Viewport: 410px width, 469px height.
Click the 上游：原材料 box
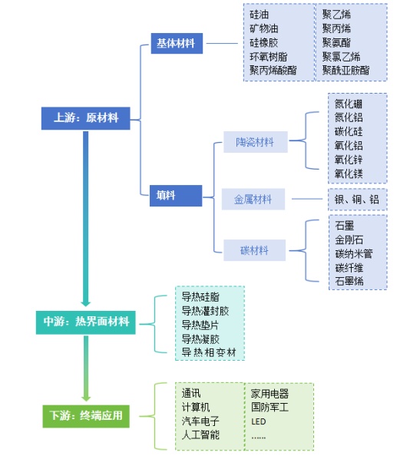pos(85,118)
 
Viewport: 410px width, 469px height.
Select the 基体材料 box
pos(177,44)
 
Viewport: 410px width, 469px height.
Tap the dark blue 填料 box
pos(176,196)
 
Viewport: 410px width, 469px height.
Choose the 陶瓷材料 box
pos(256,142)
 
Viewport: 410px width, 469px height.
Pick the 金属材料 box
pos(253,200)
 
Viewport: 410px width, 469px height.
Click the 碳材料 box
pos(254,250)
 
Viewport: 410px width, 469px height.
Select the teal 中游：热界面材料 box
pos(86,322)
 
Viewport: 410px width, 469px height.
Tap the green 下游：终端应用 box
pos(86,416)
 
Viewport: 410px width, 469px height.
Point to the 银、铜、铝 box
pos(358,200)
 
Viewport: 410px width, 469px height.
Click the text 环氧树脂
pos(269,57)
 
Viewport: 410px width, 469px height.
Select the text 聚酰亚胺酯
pos(346,71)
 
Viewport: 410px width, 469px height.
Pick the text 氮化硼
pos(349,104)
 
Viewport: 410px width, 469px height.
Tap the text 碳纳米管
pos(354,253)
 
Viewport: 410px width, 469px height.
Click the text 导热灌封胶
pos(205,311)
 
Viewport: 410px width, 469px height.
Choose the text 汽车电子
pos(200,421)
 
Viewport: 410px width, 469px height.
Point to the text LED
pos(259,421)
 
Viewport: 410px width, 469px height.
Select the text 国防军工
pos(270,407)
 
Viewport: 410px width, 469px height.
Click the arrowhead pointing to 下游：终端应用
pos(86,397)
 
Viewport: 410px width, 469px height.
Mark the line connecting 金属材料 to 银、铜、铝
pos(307,199)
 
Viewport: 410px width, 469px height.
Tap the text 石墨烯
pos(349,281)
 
